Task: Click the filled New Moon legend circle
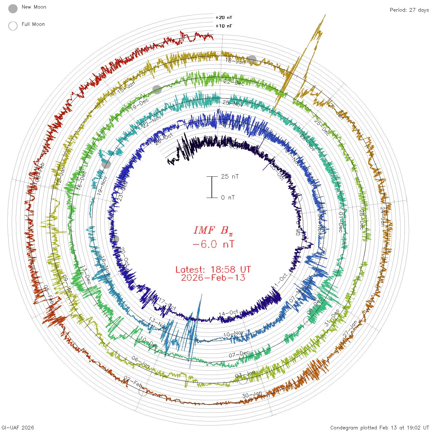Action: pyautogui.click(x=13, y=9)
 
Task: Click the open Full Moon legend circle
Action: pyautogui.click(x=13, y=26)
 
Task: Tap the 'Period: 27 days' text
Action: pyautogui.click(x=409, y=10)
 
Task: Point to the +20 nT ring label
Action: pyautogui.click(x=224, y=18)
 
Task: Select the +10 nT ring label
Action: pyautogui.click(x=224, y=26)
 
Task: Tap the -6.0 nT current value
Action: pyautogui.click(x=213, y=244)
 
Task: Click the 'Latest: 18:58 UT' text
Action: pyautogui.click(x=213, y=270)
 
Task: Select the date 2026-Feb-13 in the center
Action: pyautogui.click(x=213, y=278)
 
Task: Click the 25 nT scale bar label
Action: pyautogui.click(x=230, y=177)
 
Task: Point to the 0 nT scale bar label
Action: pyautogui.click(x=228, y=198)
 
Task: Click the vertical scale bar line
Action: pyautogui.click(x=212, y=187)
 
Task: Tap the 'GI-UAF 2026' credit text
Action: pyautogui.click(x=18, y=428)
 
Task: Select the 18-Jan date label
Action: pyautogui.click(x=236, y=61)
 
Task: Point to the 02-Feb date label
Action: pyautogui.click(x=133, y=382)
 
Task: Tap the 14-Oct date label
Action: pyautogui.click(x=228, y=313)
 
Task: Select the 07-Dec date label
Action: pyautogui.click(x=239, y=354)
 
